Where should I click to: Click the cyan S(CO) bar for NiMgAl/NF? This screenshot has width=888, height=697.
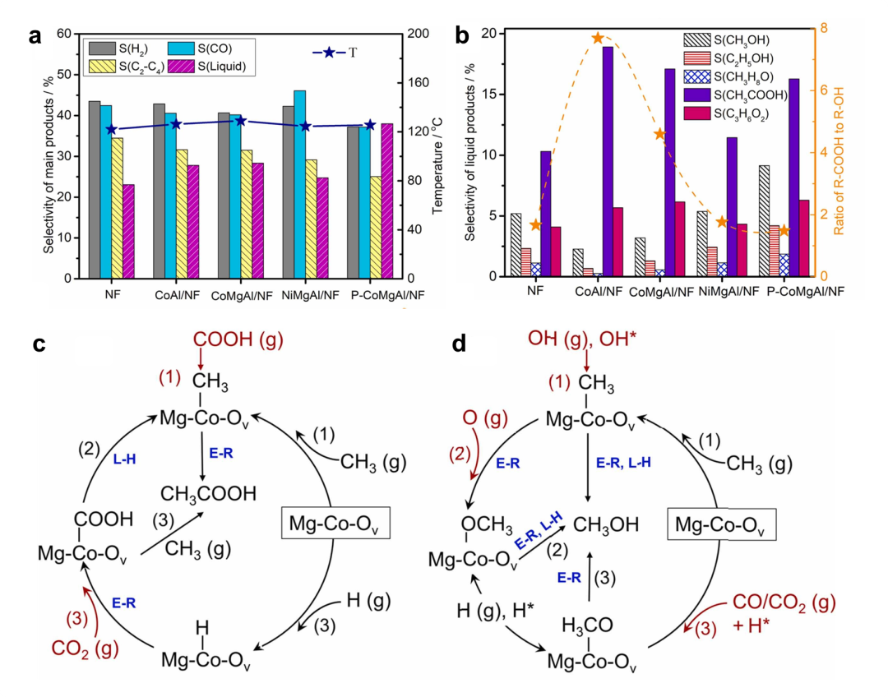click(299, 184)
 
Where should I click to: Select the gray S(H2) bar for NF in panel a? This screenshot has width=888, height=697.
click(95, 190)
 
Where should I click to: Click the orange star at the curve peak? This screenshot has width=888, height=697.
click(598, 38)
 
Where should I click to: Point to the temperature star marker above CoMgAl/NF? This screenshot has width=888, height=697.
click(241, 121)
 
